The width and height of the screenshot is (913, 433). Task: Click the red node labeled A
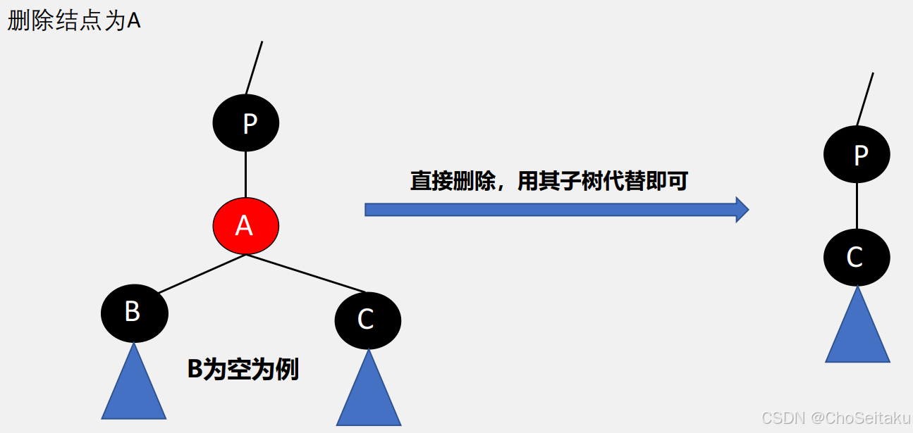point(245,226)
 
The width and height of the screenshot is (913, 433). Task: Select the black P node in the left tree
point(245,123)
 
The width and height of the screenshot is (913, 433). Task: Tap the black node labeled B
point(134,313)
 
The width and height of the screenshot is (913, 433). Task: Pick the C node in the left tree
point(367,320)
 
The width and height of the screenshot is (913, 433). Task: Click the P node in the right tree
point(857,155)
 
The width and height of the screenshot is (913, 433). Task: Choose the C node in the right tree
point(857,258)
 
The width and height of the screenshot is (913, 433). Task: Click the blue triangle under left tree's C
point(368,394)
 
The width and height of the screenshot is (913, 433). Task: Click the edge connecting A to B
point(201,274)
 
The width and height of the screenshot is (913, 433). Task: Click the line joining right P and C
point(857,206)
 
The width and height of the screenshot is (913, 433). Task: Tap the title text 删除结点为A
point(74,20)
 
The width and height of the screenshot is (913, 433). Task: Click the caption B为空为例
point(243,369)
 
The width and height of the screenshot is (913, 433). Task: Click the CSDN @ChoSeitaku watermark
point(835,418)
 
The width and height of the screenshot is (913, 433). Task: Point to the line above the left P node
point(254,68)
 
